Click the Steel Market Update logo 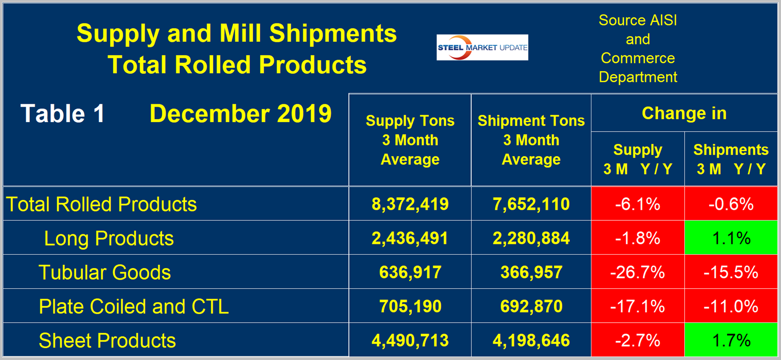tap(482, 47)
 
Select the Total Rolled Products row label tap(101, 204)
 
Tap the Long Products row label tap(109, 238)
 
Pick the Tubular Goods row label tap(105, 272)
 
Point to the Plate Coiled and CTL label tap(134, 306)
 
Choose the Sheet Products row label tap(107, 341)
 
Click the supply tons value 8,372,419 tap(410, 204)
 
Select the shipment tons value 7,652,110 tap(531, 204)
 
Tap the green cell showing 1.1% tap(731, 238)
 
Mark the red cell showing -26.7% tap(637, 272)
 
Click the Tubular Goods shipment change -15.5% tap(731, 272)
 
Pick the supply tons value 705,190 tap(410, 306)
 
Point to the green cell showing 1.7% tap(731, 341)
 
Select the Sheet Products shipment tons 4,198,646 tap(531, 341)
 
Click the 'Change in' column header tap(684, 113)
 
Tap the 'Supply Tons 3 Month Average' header tap(410, 140)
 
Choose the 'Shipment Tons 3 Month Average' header tap(531, 140)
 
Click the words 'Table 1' tap(63, 114)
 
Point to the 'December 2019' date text tap(240, 114)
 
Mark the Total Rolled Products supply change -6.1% tap(637, 204)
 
